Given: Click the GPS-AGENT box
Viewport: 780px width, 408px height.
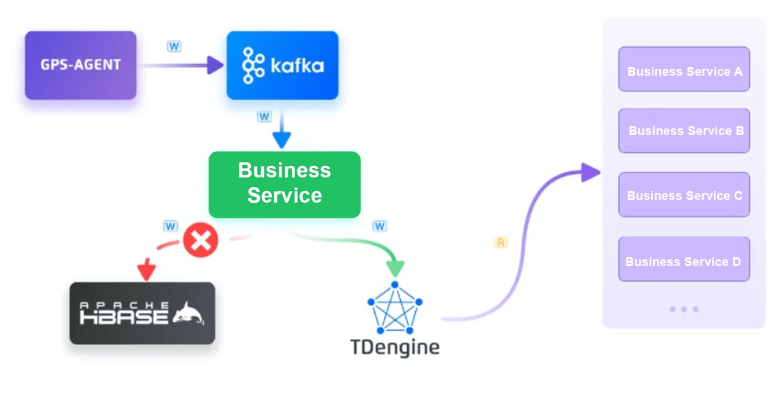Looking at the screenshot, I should coord(80,65).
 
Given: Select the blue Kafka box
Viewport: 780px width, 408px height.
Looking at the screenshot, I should coord(282,65).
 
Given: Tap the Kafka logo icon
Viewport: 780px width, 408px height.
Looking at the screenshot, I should coord(253,66).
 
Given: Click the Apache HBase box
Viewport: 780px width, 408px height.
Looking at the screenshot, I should coord(142,313).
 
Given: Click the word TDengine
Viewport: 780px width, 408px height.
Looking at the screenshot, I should coord(394,347).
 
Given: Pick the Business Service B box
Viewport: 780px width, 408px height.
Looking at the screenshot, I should coord(684,130).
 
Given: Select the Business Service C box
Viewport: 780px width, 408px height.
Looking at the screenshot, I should coord(684,195).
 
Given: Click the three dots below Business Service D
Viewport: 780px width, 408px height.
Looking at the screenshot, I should coord(683,309).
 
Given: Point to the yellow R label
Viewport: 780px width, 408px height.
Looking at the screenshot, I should coord(500,242).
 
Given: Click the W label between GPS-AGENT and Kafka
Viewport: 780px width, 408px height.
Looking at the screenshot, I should coord(175,46).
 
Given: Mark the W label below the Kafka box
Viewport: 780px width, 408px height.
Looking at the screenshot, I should coord(264,117).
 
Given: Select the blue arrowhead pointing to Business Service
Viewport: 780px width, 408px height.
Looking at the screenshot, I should coord(282,141).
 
